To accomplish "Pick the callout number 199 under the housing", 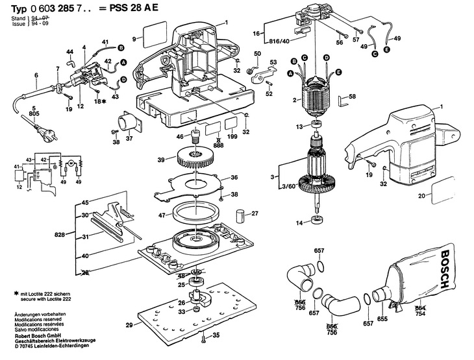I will pos(232,138).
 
